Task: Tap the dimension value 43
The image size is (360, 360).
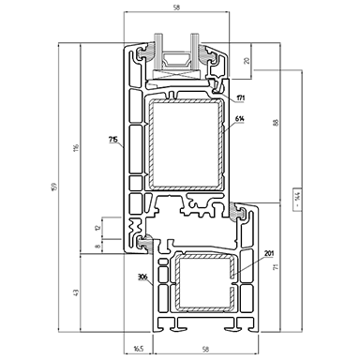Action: [76, 295]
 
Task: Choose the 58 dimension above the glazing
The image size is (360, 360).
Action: [178, 7]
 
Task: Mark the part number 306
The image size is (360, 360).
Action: [143, 278]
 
